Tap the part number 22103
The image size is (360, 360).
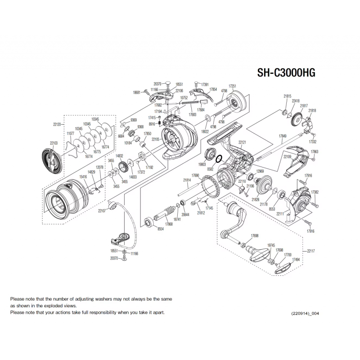tap(54, 143)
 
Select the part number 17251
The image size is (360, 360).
tap(232, 85)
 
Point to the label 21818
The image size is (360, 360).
tap(312, 111)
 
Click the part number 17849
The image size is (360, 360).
tap(283, 135)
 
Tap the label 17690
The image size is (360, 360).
tap(194, 175)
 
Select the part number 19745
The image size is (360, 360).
tap(271, 245)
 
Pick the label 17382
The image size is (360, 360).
tap(315, 192)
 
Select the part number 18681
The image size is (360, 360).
tap(138, 92)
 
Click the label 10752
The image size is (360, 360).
tap(184, 98)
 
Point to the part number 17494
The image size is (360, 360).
tap(296, 259)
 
